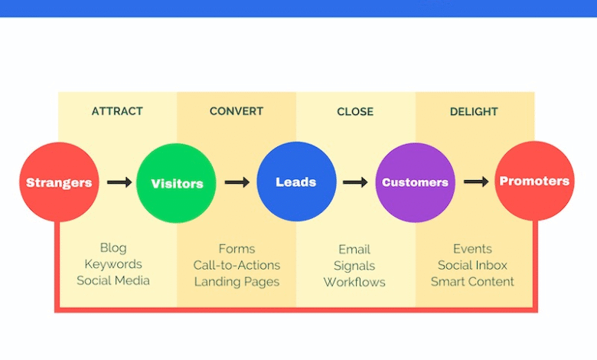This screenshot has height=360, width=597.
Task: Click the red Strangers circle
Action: [59, 182]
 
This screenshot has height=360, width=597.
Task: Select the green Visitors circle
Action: [176, 183]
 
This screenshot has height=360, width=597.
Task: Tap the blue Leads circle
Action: [296, 182]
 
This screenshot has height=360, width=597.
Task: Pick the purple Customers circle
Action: [415, 182]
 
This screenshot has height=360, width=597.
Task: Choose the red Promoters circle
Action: [534, 181]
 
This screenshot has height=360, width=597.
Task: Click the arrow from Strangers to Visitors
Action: [119, 182]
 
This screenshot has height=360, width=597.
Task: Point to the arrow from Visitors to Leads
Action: [237, 182]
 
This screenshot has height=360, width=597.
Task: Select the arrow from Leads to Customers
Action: [355, 182]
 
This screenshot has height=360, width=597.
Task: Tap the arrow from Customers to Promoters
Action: [476, 182]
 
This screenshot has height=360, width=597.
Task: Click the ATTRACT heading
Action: [117, 111]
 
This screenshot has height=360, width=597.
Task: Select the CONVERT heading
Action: [237, 111]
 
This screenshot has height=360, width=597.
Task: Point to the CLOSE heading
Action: [355, 112]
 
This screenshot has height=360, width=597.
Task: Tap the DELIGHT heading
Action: [474, 112]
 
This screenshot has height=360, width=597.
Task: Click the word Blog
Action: [113, 248]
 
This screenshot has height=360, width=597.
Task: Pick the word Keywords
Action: [113, 264]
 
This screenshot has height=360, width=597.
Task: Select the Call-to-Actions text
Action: [237, 265]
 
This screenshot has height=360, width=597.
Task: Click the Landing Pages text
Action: [237, 282]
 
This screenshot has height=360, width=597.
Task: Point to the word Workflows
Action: [354, 283]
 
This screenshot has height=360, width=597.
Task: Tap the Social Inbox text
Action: [472, 265]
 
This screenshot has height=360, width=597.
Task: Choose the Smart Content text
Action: [472, 282]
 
